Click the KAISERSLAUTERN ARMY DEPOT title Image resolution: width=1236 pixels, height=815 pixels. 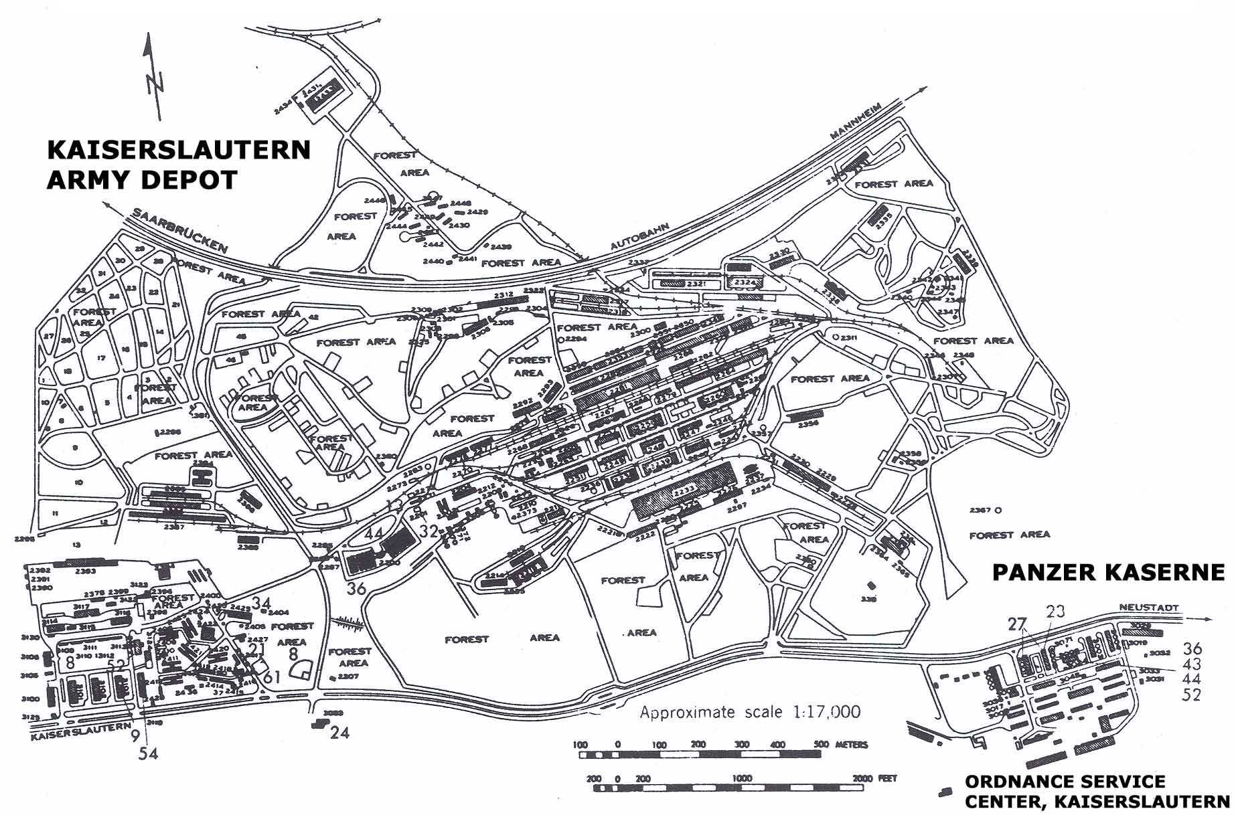(x=179, y=165)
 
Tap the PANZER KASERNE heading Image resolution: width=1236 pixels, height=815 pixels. (x=1107, y=572)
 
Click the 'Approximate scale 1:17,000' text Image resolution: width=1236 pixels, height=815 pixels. (x=750, y=712)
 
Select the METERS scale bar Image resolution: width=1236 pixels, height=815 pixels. (x=700, y=754)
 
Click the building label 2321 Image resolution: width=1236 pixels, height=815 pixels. (x=696, y=284)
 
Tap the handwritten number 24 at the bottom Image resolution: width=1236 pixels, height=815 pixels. (x=339, y=733)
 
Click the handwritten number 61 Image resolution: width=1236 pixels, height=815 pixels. (x=271, y=677)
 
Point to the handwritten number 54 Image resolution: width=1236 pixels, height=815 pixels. (x=148, y=753)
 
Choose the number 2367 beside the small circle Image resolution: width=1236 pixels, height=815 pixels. (x=980, y=510)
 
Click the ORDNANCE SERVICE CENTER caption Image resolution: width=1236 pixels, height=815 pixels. (x=1096, y=791)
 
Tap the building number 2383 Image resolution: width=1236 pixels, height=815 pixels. (x=85, y=571)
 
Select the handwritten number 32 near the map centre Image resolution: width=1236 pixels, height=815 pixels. (x=429, y=531)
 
